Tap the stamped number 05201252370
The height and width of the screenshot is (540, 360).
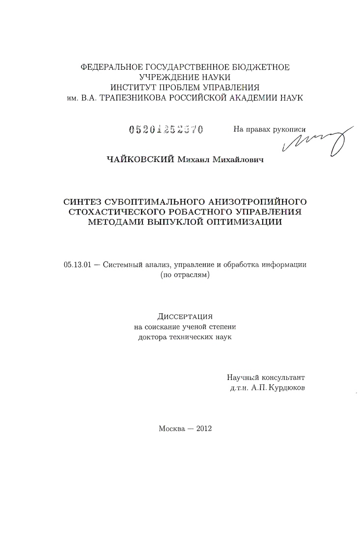tap(166, 130)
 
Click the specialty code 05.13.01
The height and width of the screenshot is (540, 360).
tap(74, 265)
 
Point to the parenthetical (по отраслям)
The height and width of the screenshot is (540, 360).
tap(185, 275)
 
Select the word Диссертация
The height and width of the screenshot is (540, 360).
tap(185, 317)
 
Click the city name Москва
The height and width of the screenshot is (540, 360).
tap(171, 428)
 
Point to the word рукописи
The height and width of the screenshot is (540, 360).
tap(290, 130)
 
